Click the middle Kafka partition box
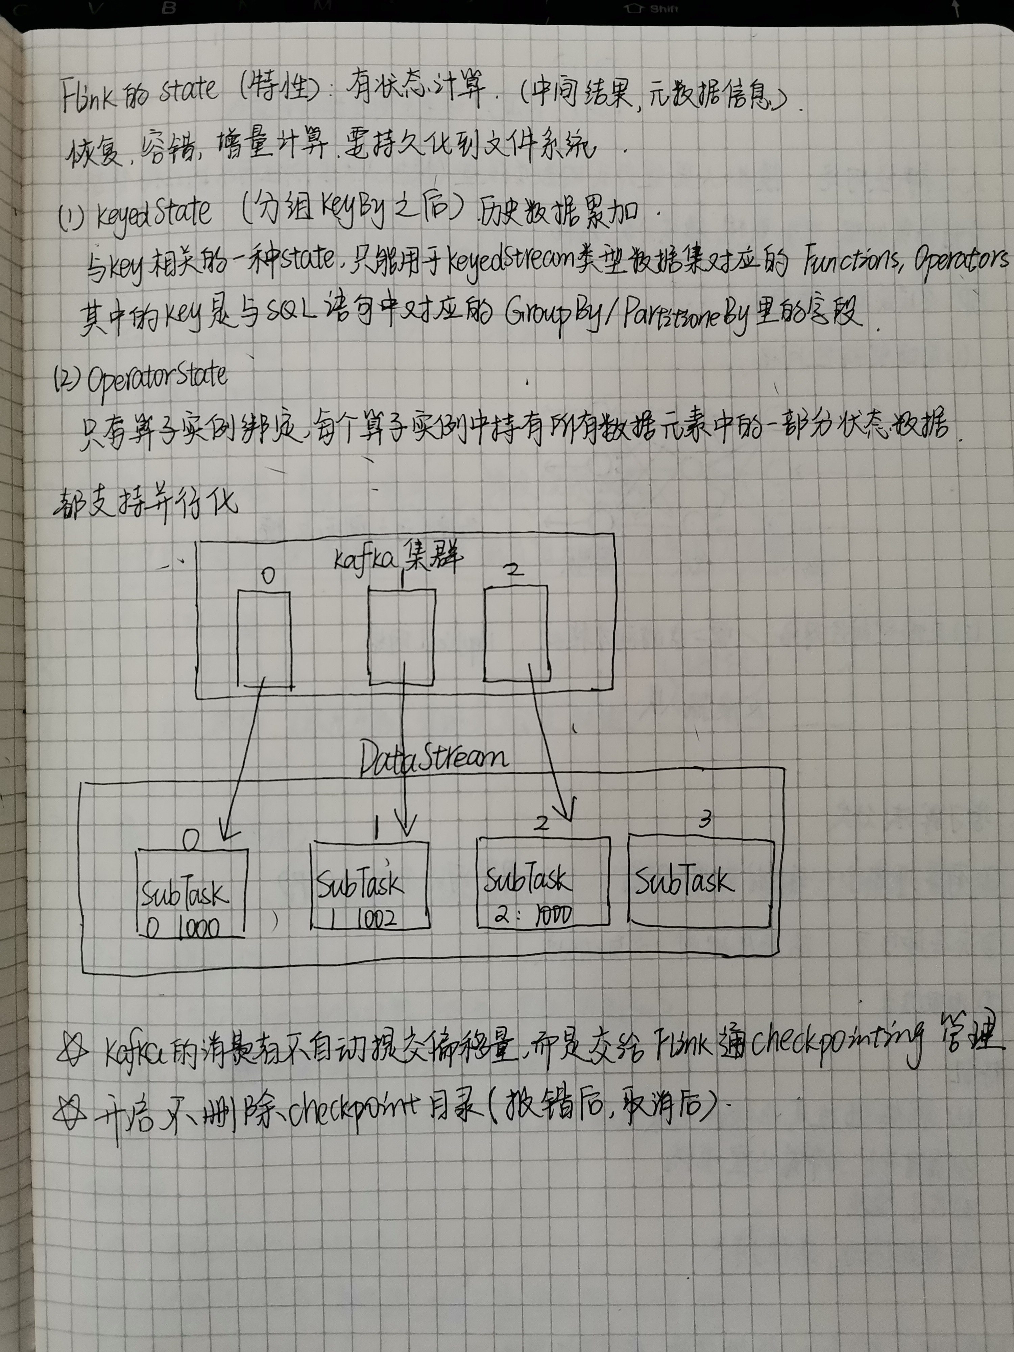click(402, 636)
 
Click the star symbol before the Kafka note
click(72, 1049)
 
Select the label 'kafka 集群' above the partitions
click(399, 557)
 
